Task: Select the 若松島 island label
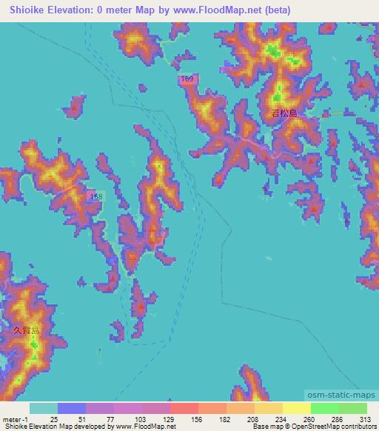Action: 284,113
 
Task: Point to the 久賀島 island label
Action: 25,330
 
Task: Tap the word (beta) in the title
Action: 276,10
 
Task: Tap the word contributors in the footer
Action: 348,427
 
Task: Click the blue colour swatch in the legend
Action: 72,408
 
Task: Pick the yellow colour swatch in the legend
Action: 295,408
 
